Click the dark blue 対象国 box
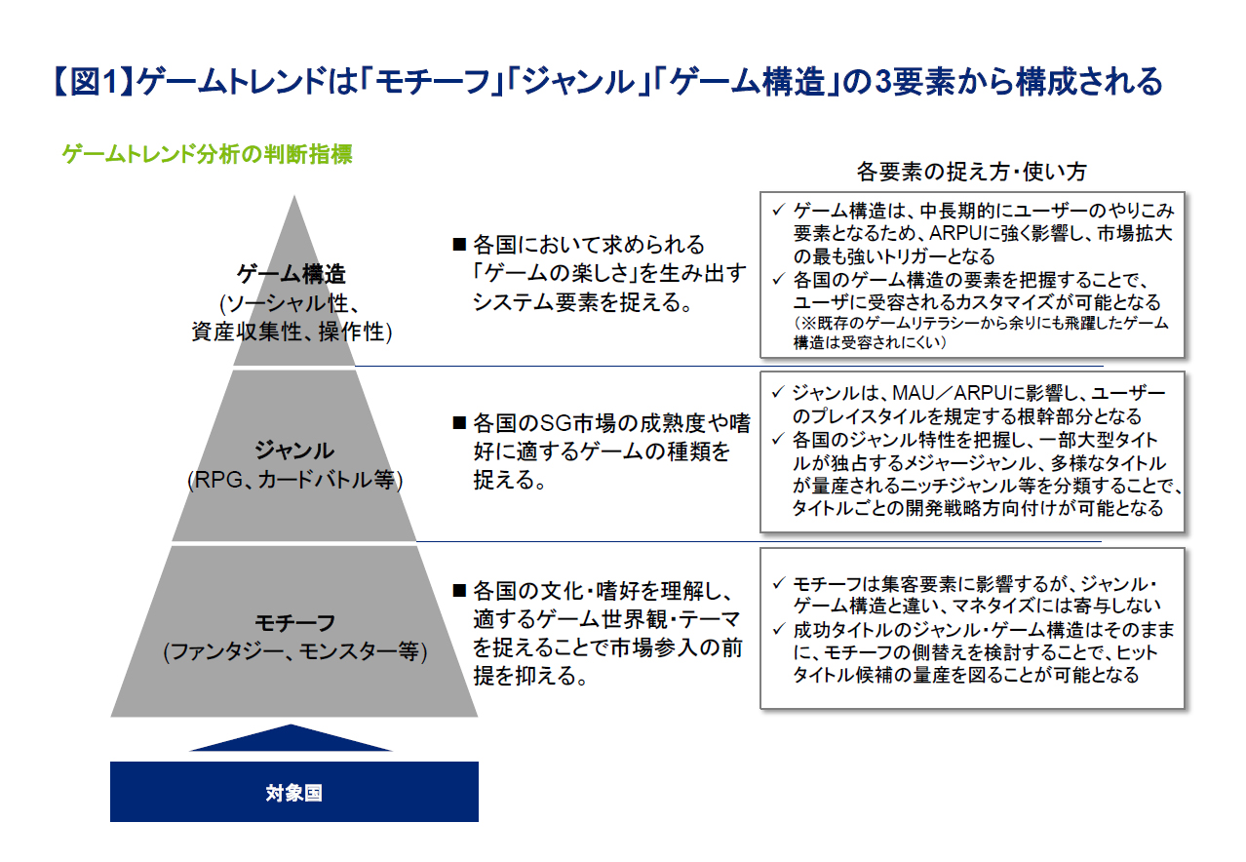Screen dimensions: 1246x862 coord(293,791)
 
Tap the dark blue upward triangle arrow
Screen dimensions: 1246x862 coord(291,738)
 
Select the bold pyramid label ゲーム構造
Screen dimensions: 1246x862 coord(292,274)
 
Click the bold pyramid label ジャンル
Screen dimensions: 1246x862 coord(294,450)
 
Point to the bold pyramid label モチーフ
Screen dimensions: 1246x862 coord(294,622)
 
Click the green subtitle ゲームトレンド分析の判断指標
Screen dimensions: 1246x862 coord(207,154)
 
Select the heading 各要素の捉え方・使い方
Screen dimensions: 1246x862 coord(971,172)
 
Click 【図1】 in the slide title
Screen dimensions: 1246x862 coord(93,82)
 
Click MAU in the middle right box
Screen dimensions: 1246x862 coord(914,393)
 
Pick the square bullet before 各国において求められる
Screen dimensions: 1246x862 coord(459,245)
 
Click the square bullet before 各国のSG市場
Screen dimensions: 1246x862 coord(459,423)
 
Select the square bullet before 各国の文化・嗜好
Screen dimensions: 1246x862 coord(459,591)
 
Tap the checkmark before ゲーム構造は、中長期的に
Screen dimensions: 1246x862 coord(778,210)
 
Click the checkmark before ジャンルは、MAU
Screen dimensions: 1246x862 coord(778,392)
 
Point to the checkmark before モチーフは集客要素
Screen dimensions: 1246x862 coord(778,583)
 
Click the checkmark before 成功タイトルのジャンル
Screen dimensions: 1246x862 coord(778,629)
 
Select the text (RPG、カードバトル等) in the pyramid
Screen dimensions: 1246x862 coord(294,480)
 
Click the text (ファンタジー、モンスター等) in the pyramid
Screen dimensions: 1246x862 coord(294,651)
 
